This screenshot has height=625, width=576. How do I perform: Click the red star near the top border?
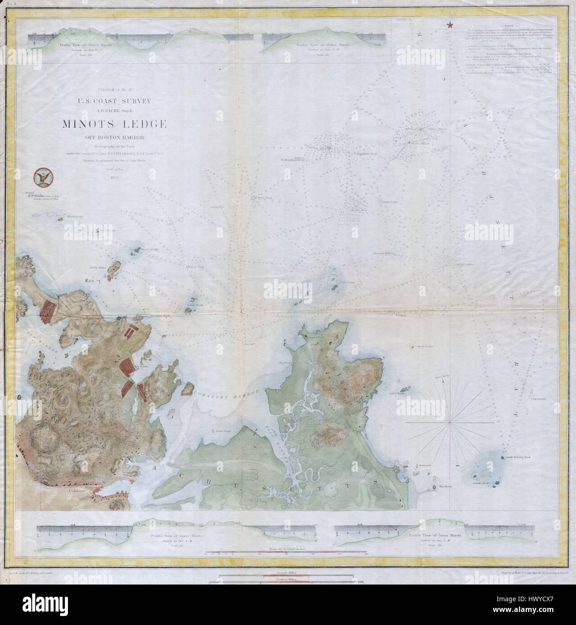(449, 26)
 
